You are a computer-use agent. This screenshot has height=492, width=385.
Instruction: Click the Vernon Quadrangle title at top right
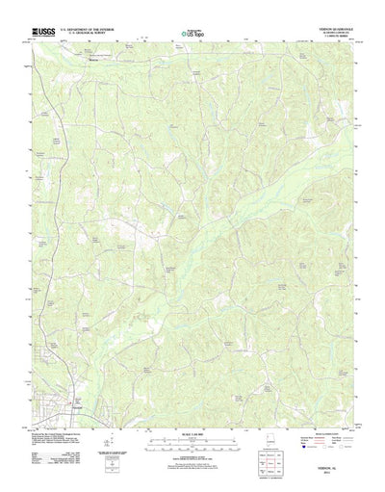pyautogui.click(x=328, y=32)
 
